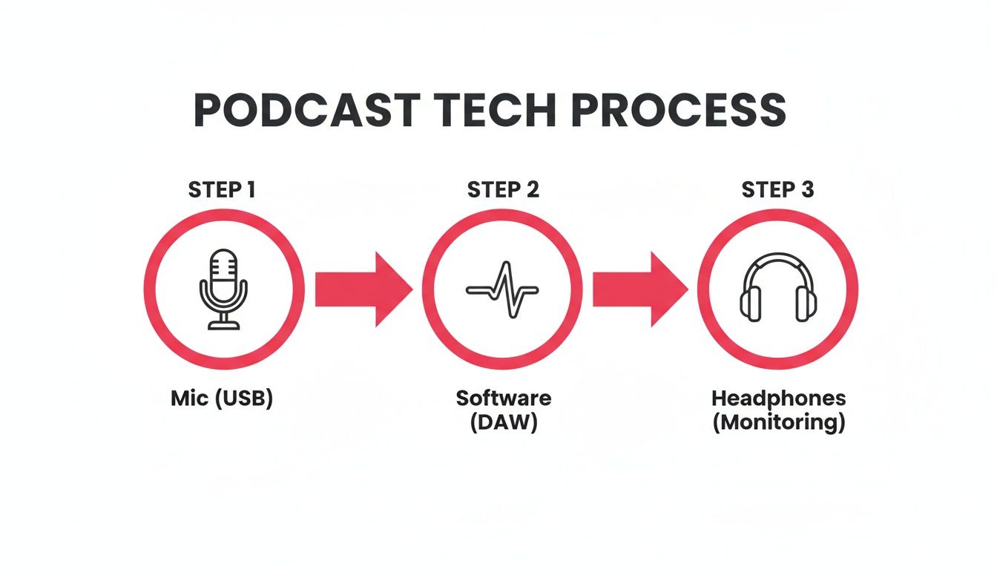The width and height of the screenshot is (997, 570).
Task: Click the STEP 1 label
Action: point(223,190)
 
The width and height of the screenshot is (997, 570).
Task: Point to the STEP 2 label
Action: point(503,190)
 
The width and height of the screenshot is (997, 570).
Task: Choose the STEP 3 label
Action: point(777,190)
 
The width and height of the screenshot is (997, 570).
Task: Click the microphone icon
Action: point(223,289)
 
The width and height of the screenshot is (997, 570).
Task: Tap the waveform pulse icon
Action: point(501,289)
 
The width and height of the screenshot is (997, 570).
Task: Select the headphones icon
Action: point(777,289)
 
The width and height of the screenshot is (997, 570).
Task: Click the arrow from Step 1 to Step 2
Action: point(362,289)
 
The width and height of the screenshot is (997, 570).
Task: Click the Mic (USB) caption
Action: point(222,399)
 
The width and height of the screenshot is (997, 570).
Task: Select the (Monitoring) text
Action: point(778,424)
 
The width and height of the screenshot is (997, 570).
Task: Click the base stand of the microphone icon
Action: point(223,324)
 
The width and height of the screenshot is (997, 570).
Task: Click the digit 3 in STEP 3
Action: point(807,190)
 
